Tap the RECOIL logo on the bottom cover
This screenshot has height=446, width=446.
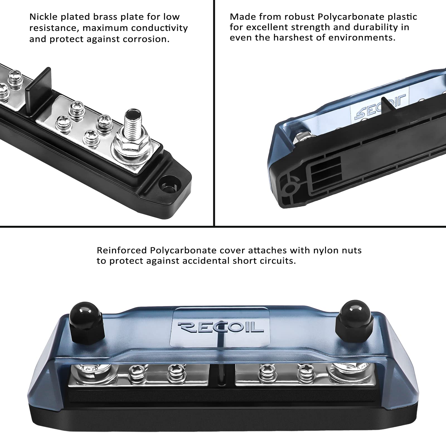point(220,327)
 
